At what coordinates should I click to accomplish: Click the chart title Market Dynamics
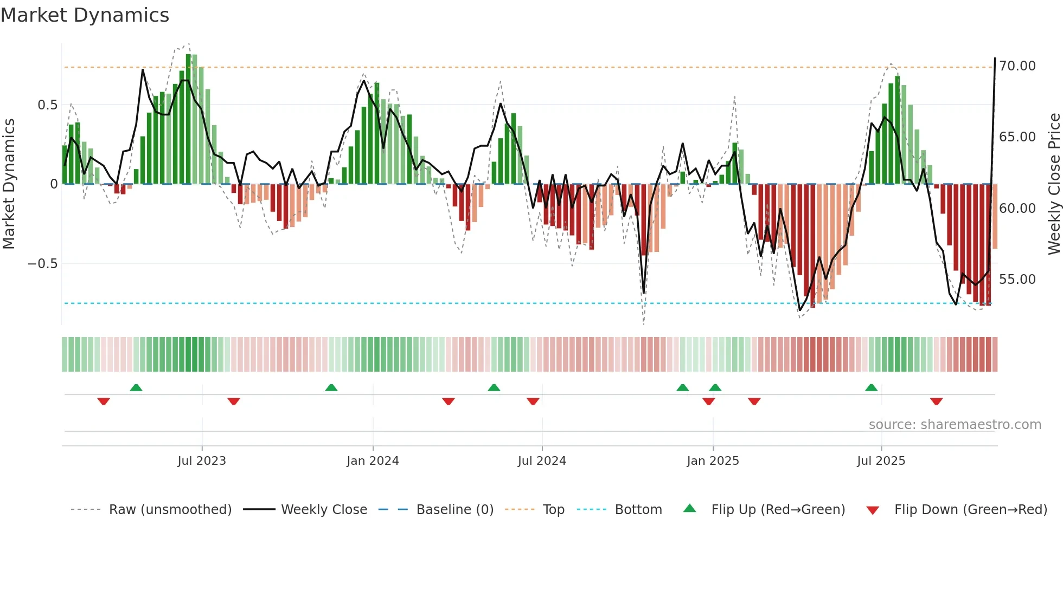coord(85,15)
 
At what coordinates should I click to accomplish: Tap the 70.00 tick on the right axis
coord(1017,66)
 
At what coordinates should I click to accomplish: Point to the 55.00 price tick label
coord(1017,280)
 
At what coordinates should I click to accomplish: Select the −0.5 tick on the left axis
coord(42,264)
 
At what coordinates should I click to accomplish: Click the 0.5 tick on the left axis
coord(47,105)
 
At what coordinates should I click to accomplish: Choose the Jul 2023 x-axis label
coord(201,461)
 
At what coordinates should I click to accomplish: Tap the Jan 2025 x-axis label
coord(712,461)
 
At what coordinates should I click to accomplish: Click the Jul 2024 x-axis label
coord(541,461)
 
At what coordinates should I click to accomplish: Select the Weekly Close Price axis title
coord(1054,184)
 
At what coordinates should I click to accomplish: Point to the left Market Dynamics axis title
coord(9,184)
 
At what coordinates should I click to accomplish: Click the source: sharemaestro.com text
coord(955,425)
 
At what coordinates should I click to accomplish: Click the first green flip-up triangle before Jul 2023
coord(136,387)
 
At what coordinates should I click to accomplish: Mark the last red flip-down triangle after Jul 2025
coord(936,401)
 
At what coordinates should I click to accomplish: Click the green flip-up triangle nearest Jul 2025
coord(871,387)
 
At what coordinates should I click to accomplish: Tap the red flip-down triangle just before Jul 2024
coord(533,401)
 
